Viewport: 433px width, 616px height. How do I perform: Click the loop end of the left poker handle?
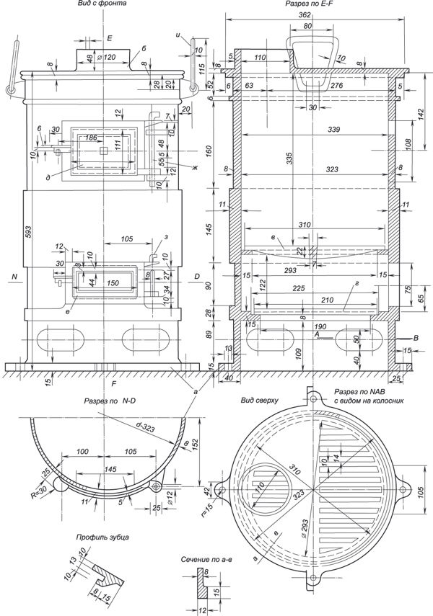[11, 89]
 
